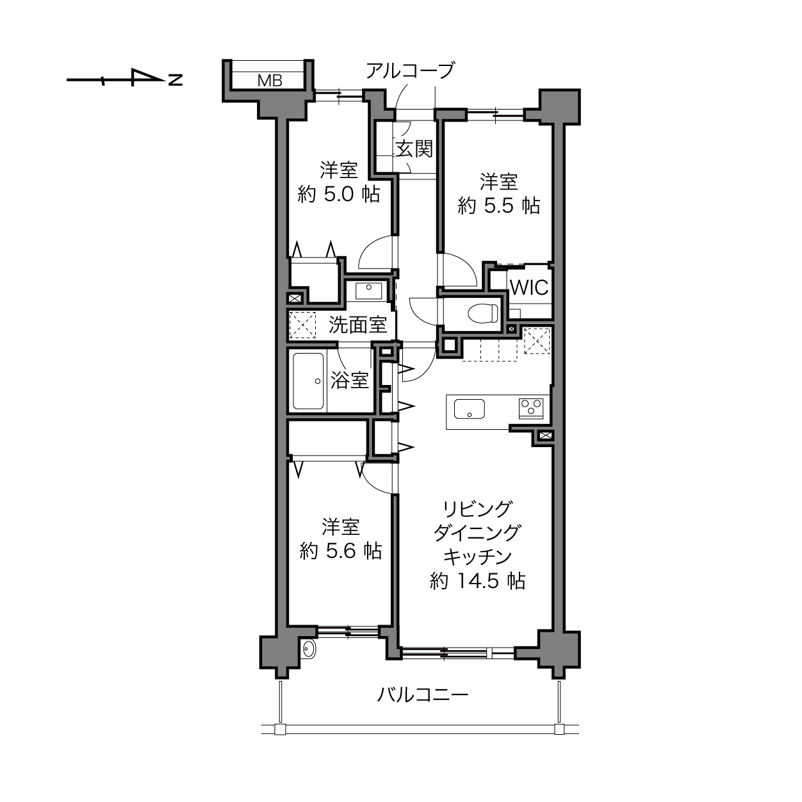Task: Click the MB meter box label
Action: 270,80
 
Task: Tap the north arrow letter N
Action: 176,80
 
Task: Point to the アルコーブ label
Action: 410,70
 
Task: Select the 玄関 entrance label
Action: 414,149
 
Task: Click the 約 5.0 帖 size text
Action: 339,194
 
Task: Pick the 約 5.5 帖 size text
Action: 498,206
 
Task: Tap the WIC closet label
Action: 529,287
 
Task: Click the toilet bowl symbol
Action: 483,313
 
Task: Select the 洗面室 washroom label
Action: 357,325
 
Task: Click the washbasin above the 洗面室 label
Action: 369,291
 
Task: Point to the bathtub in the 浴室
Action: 308,381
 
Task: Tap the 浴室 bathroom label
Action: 350,380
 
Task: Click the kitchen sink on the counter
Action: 469,409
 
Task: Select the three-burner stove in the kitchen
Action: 531,409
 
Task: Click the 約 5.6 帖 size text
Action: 340,552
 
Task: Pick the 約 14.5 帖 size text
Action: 477,580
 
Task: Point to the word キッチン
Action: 477,557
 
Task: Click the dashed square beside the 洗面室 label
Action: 302,325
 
